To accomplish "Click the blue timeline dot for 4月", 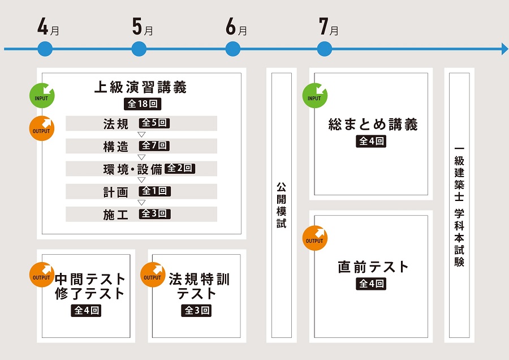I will click(x=45, y=49).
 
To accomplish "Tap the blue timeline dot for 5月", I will click(x=139, y=49).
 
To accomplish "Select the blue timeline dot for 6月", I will click(x=233, y=49).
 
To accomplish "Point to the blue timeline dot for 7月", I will click(x=324, y=49).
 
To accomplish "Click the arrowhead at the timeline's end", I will click(x=504, y=49).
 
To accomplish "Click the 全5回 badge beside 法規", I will click(x=155, y=123).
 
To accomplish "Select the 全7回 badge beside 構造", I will click(x=155, y=146).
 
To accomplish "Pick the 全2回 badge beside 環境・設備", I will click(x=180, y=169).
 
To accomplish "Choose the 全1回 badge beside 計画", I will click(x=155, y=191).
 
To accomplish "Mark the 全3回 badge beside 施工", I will click(x=155, y=214).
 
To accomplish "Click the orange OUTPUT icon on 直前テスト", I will click(x=315, y=238).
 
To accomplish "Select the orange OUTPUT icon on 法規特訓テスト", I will click(x=153, y=275).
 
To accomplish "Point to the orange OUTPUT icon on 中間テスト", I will click(x=42, y=275).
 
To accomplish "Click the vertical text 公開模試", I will click(x=282, y=204).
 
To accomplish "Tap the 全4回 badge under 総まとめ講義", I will click(x=372, y=142).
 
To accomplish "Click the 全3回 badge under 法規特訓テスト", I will click(x=197, y=311).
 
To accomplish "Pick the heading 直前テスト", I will click(x=373, y=267).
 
